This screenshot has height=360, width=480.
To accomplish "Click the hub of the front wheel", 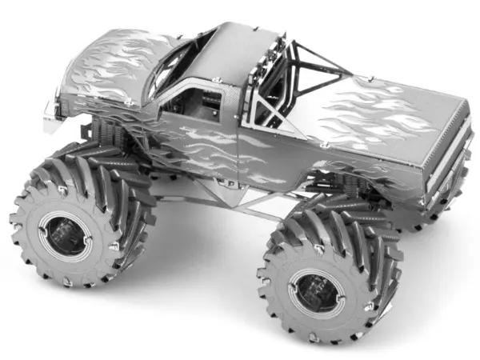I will tap(65, 234).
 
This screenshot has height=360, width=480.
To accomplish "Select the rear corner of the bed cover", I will tap(460, 104).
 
